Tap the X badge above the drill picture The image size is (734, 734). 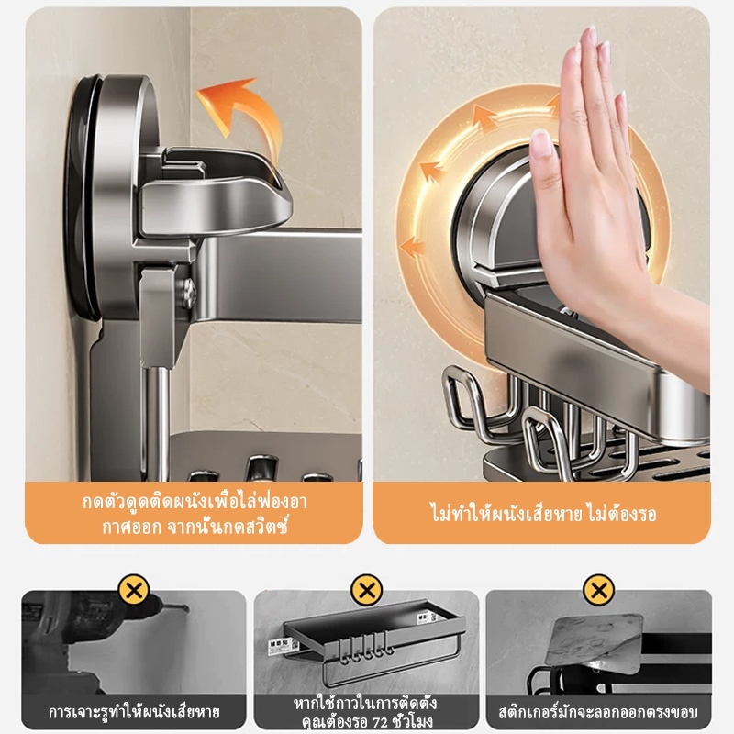[x=134, y=590]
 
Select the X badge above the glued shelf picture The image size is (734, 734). [x=367, y=590]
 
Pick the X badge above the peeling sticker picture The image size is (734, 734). [x=599, y=590]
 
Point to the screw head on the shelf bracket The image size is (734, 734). [x=188, y=294]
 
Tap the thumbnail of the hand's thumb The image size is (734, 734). [x=541, y=143]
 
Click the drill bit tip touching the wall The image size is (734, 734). [x=187, y=609]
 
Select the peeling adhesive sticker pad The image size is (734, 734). [x=594, y=645]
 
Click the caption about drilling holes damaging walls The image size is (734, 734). [x=134, y=712]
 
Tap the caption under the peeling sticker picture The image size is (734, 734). [x=599, y=712]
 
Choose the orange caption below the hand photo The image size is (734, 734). [x=542, y=514]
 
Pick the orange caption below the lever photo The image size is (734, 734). [x=195, y=514]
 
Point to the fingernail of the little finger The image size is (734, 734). [x=623, y=102]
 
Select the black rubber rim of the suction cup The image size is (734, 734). [x=81, y=196]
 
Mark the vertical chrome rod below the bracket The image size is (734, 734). [x=157, y=421]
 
